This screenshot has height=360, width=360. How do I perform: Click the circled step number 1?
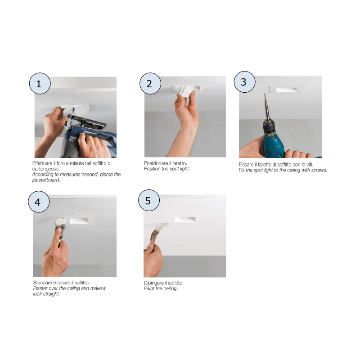40,84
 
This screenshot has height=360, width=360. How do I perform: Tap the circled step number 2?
150,84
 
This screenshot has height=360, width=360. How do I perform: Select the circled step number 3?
244,82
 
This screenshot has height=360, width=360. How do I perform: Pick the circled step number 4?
39,202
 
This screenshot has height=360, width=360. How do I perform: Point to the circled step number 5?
149,200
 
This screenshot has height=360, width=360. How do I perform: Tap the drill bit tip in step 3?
265,94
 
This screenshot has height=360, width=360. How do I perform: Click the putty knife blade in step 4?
61,222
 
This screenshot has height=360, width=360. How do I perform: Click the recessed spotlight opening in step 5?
185,219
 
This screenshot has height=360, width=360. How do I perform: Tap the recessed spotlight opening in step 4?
79,220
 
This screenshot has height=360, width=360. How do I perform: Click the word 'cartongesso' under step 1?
46,169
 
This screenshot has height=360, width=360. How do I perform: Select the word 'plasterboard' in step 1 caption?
46,180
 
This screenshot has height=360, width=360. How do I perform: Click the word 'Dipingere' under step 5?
153,283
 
